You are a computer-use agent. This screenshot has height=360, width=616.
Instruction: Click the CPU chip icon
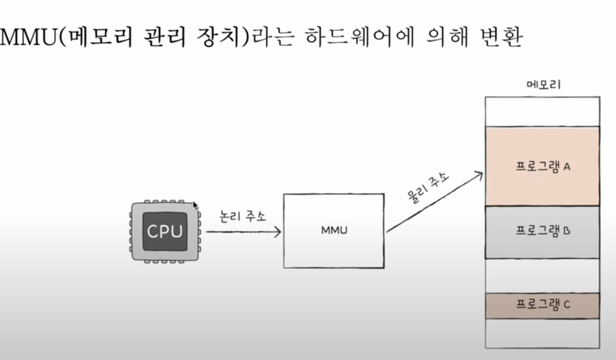(x=165, y=232)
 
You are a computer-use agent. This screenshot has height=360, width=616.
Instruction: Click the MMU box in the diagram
(x=334, y=231)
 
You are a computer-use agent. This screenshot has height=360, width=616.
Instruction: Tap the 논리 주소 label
(x=243, y=216)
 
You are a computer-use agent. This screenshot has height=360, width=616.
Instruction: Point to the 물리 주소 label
(x=428, y=187)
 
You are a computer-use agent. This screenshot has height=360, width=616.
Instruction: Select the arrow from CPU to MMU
(x=243, y=232)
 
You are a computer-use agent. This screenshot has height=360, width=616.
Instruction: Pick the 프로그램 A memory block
(x=542, y=166)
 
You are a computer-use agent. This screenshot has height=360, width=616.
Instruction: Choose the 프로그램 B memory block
(x=542, y=232)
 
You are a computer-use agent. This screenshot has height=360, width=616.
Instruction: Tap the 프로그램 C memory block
(x=542, y=305)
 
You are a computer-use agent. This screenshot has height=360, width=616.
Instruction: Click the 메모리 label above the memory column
(x=544, y=85)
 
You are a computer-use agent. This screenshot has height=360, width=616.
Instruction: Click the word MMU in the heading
(x=28, y=37)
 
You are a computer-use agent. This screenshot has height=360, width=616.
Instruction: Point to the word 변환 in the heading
(x=501, y=37)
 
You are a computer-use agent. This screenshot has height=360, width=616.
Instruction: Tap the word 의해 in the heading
(x=447, y=37)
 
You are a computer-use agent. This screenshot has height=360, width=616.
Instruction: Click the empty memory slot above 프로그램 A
(x=542, y=112)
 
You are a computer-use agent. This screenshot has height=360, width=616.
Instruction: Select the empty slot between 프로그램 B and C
(x=542, y=276)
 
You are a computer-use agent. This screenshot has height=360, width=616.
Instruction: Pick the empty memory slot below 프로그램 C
(x=542, y=333)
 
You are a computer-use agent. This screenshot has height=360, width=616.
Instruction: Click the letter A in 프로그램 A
(x=567, y=167)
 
